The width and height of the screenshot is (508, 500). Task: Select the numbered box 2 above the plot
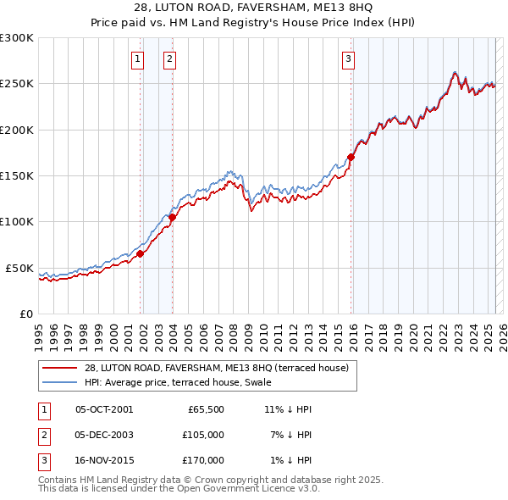click(169, 58)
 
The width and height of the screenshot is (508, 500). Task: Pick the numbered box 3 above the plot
click(348, 58)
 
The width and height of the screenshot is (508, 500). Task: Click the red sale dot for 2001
click(140, 253)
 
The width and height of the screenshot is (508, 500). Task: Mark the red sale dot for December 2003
click(172, 217)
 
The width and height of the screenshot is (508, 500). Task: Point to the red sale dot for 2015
click(351, 157)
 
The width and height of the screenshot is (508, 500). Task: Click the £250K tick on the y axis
click(17, 84)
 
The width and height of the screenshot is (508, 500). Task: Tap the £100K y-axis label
click(17, 221)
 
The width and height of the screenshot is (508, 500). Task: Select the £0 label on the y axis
click(25, 314)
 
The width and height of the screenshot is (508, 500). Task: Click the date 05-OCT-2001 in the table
click(104, 409)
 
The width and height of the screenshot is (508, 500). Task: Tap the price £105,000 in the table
click(203, 435)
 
